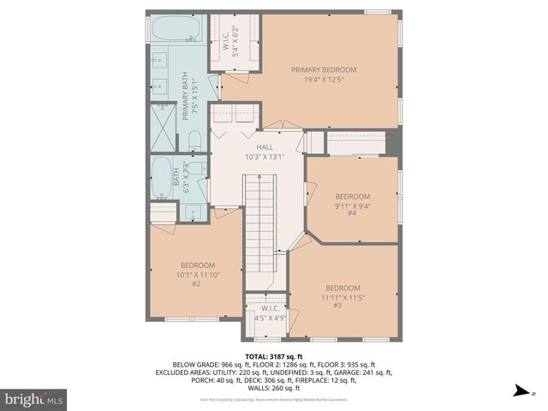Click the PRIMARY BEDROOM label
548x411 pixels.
pyautogui.click(x=324, y=69)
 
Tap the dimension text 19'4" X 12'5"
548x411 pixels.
pyautogui.click(x=324, y=80)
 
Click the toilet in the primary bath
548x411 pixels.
pyautogui.click(x=194, y=139)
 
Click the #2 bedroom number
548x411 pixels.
pyautogui.click(x=196, y=283)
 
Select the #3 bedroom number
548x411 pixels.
pyautogui.click(x=337, y=306)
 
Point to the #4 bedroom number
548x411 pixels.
pyautogui.click(x=352, y=214)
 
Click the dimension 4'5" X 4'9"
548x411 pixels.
pyautogui.click(x=270, y=318)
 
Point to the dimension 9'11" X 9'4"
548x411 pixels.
pyautogui.click(x=352, y=205)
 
